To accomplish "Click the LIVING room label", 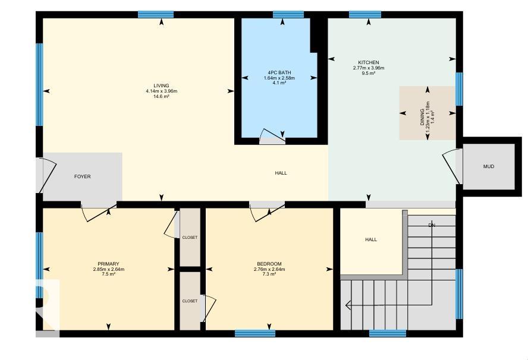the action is pyautogui.click(x=161, y=86).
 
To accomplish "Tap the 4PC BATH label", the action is pyautogui.click(x=279, y=72).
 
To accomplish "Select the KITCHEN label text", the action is pyautogui.click(x=369, y=62).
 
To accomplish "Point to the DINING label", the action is pyautogui.click(x=422, y=117).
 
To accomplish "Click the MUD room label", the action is pyautogui.click(x=489, y=166).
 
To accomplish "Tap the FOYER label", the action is pyautogui.click(x=83, y=176).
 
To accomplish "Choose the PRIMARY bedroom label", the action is pyautogui.click(x=108, y=264).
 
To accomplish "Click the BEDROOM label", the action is pyautogui.click(x=269, y=264).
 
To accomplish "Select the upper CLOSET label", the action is pyautogui.click(x=190, y=237).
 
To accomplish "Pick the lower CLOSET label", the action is pyautogui.click(x=190, y=301).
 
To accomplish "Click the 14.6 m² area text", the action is pyautogui.click(x=161, y=96).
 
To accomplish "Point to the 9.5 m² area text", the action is pyautogui.click(x=369, y=73).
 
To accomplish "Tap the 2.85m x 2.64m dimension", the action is pyautogui.click(x=108, y=269).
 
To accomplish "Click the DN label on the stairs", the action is pyautogui.click(x=432, y=225).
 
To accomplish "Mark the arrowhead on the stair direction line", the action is pyautogui.click(x=348, y=305).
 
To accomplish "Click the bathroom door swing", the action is pyautogui.click(x=272, y=135).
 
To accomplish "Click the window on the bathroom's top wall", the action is pyautogui.click(x=288, y=14).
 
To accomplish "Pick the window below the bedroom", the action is pyautogui.click(x=255, y=333).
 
